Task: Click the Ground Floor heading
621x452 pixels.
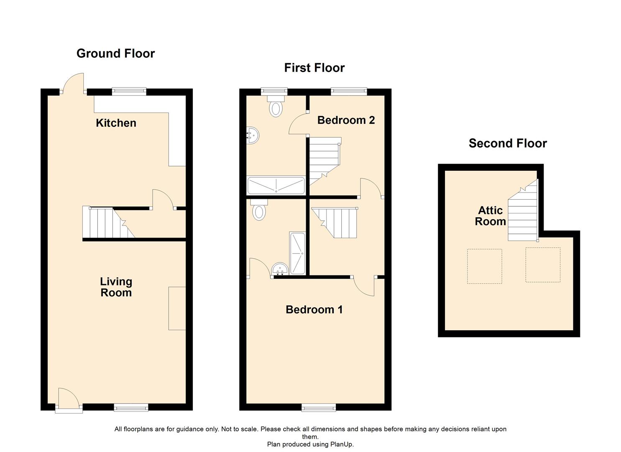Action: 115,54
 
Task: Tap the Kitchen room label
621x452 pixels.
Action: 116,123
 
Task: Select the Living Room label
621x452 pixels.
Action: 116,287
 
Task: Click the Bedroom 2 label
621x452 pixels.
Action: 346,120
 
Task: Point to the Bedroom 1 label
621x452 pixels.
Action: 314,310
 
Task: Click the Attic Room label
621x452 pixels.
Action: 490,216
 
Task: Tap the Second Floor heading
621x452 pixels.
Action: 508,144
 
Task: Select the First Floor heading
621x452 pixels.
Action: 314,68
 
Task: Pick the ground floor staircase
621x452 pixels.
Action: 108,223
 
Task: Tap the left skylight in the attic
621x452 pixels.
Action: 484,266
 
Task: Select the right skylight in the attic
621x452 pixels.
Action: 542,265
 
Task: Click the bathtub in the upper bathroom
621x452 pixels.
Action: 276,185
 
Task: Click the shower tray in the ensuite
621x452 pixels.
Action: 298,253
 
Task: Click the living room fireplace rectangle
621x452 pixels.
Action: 177,308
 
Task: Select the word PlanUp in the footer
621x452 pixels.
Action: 341,444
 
